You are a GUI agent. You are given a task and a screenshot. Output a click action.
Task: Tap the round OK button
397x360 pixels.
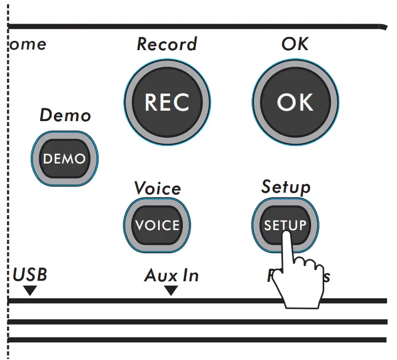[295, 103]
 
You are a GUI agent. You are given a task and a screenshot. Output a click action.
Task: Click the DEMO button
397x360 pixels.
[64, 159]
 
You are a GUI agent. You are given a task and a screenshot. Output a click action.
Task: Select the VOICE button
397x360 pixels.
[157, 225]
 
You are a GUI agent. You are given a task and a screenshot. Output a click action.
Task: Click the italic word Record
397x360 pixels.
[166, 44]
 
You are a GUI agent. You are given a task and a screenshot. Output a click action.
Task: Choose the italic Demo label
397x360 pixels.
[65, 116]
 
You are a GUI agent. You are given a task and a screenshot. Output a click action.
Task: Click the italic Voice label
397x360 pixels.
[157, 188]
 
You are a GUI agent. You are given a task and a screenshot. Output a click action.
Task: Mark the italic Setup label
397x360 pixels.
[285, 187]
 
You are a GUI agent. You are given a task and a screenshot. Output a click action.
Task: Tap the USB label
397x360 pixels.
[30, 274]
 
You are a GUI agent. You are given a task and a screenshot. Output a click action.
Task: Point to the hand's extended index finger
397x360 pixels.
[286, 245]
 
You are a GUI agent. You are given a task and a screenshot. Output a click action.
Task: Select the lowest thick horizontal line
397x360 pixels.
[198, 340]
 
